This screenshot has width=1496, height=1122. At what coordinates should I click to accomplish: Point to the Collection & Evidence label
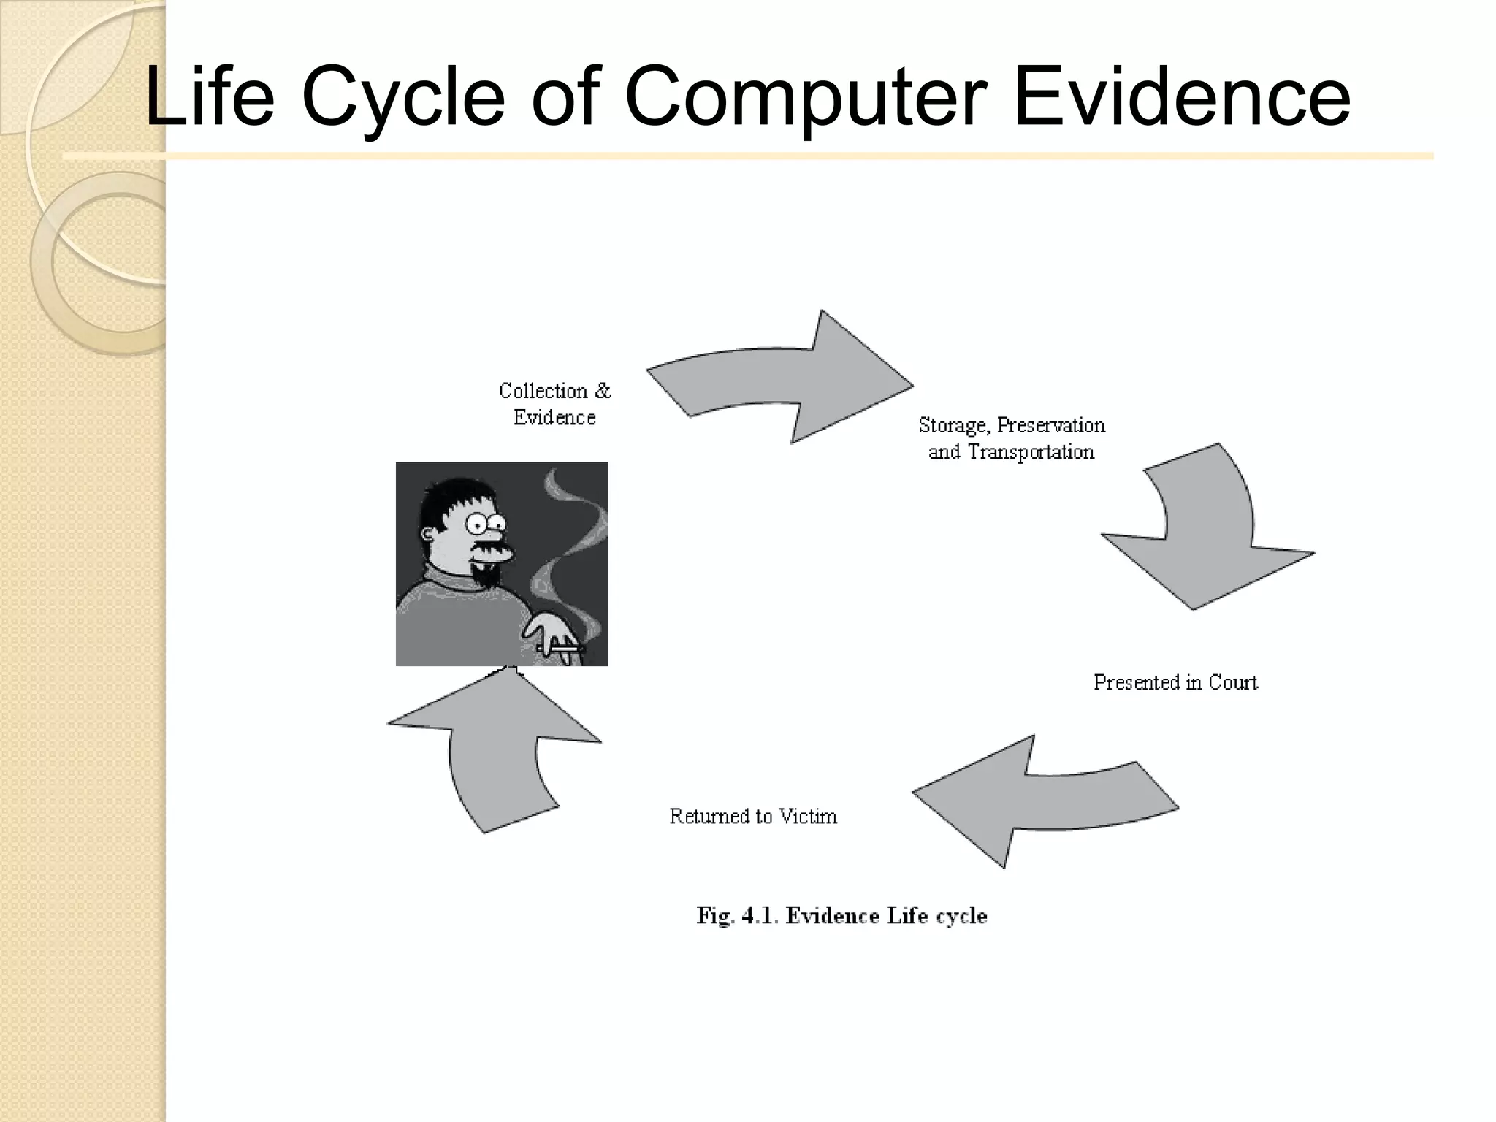coord(555,404)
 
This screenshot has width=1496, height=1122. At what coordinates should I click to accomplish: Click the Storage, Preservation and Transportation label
coord(1012,438)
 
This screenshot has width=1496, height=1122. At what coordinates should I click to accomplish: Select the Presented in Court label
coord(1175,682)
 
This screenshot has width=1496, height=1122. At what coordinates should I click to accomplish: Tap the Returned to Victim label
coord(753,816)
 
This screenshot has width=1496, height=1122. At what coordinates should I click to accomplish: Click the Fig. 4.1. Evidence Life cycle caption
coord(841,916)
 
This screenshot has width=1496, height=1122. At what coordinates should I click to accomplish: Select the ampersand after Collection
coord(603,391)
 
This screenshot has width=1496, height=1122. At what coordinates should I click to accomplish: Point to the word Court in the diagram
coord(1233,682)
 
